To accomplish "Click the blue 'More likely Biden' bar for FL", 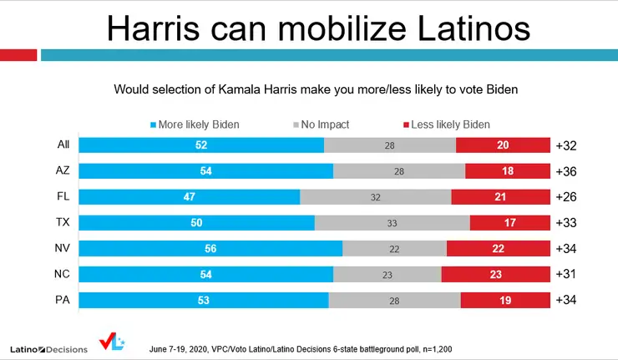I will [189, 197].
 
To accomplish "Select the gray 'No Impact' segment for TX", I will [392, 223].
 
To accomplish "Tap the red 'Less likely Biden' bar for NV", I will [497, 249].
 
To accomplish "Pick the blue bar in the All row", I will [200, 145].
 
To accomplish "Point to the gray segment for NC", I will [387, 275].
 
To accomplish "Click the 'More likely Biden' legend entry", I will [195, 124].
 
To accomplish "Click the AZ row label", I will [63, 171].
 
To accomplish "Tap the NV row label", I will [63, 249].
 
